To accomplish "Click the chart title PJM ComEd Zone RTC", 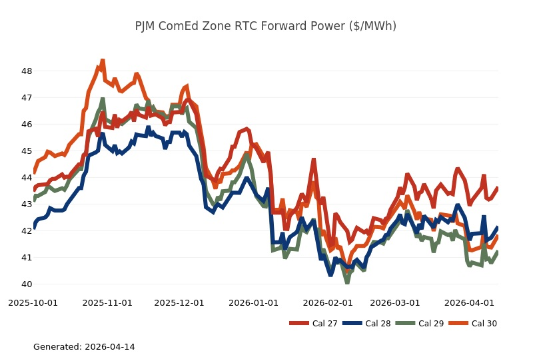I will tap(265, 26).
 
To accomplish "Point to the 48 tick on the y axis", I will tap(27, 71).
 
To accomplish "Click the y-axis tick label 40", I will tap(27, 284).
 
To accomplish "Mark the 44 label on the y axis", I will tap(27, 178).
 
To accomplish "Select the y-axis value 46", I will tap(27, 125).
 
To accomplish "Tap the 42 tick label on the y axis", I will tap(27, 231).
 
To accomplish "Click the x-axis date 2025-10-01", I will tap(33, 302).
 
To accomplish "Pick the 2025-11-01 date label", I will tap(107, 302).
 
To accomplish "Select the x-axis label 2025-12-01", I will tap(179, 302).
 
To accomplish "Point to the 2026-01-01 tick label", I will tap(253, 302).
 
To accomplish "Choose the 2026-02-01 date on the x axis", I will tap(328, 302).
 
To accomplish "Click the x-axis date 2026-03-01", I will tap(395, 302).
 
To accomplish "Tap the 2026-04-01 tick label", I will tap(469, 302).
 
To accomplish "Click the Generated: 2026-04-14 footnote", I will tap(84, 347).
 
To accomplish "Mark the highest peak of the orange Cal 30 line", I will tap(103, 61).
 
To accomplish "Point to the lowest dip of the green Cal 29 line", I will tap(347, 282).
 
